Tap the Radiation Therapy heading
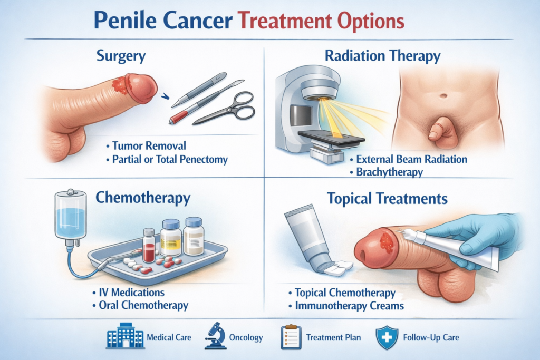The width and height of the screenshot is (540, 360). tap(382, 56)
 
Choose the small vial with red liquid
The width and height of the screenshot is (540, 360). tap(149, 246)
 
